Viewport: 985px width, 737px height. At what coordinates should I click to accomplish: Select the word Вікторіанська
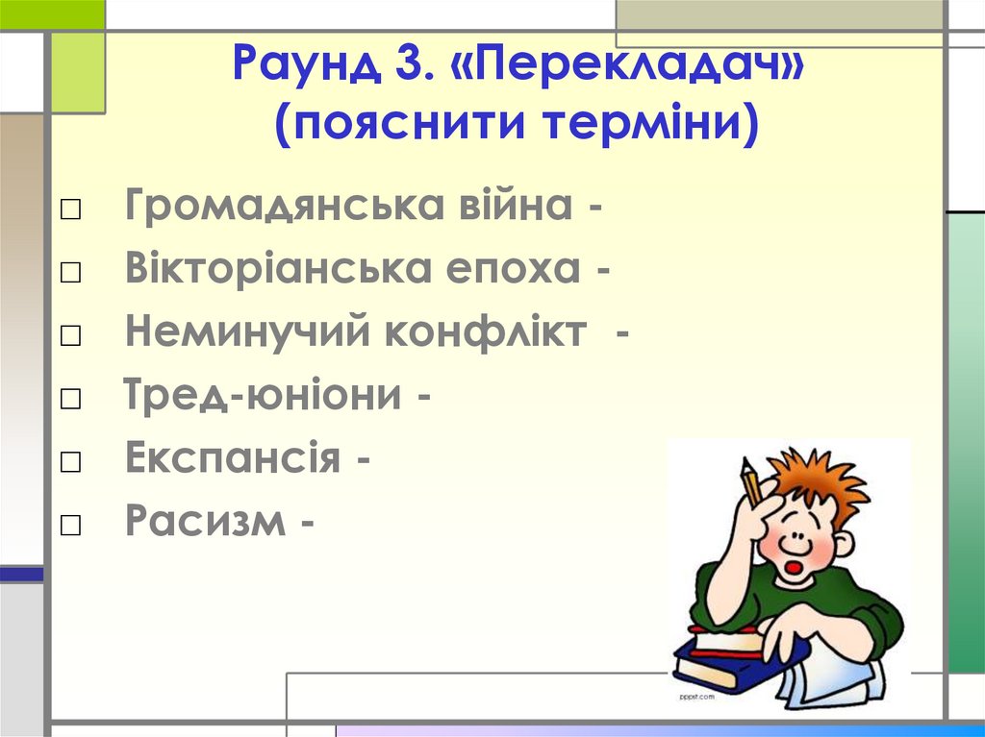[x=278, y=270]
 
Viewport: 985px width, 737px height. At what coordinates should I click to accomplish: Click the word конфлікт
[x=487, y=332]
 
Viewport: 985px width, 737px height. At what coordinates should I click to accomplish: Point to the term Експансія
[x=232, y=459]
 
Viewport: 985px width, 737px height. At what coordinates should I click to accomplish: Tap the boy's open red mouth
[x=795, y=566]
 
